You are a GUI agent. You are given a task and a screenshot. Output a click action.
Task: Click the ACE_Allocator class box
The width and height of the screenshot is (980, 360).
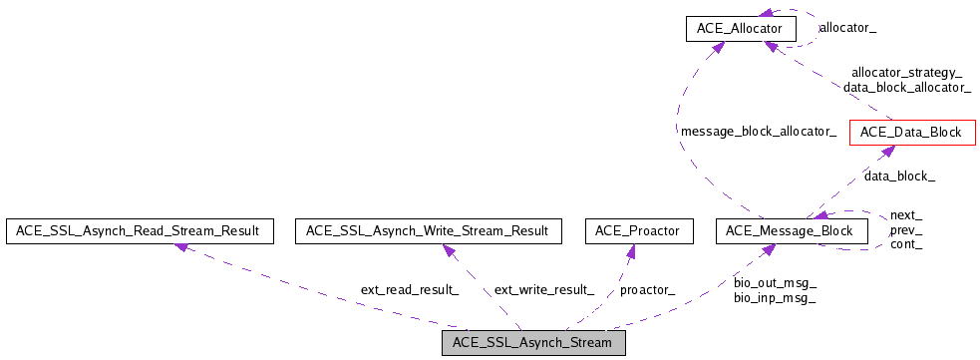coord(741,29)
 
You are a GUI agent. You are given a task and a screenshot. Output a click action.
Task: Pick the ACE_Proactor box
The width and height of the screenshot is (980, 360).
coord(637,231)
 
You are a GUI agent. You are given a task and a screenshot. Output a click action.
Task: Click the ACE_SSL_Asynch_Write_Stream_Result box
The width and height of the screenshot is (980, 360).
coord(427,231)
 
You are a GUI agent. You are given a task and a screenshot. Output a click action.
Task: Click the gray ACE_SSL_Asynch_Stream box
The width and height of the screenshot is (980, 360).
coord(533,343)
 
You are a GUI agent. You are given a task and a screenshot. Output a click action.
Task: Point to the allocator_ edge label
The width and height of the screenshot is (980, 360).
coord(847,27)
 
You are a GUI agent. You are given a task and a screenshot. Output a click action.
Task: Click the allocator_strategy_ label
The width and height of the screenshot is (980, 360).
coord(906,72)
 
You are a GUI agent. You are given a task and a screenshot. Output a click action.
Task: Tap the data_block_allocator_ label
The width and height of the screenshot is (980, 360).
coord(906,88)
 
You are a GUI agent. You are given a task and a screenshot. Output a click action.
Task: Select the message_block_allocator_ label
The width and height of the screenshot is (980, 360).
coord(758,131)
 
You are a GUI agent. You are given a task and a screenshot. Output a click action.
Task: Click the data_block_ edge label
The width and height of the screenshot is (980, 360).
coord(899,176)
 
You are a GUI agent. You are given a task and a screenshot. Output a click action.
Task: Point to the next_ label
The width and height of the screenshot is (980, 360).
coord(905,215)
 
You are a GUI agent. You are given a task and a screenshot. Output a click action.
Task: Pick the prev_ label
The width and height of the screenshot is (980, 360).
coord(905,229)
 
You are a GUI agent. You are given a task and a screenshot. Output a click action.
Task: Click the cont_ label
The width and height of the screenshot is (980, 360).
coord(905,243)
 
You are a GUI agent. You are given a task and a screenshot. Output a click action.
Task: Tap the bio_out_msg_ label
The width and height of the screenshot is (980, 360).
coord(775,283)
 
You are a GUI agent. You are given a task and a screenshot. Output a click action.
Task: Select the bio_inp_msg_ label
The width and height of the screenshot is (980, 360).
coord(775,297)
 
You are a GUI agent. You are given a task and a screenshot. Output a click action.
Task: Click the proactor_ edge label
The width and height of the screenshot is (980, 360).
coord(647,289)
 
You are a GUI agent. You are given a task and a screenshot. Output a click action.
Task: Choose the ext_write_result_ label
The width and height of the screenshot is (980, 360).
coord(543,289)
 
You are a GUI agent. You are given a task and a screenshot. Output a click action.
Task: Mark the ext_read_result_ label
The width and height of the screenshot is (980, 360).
coord(409,289)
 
